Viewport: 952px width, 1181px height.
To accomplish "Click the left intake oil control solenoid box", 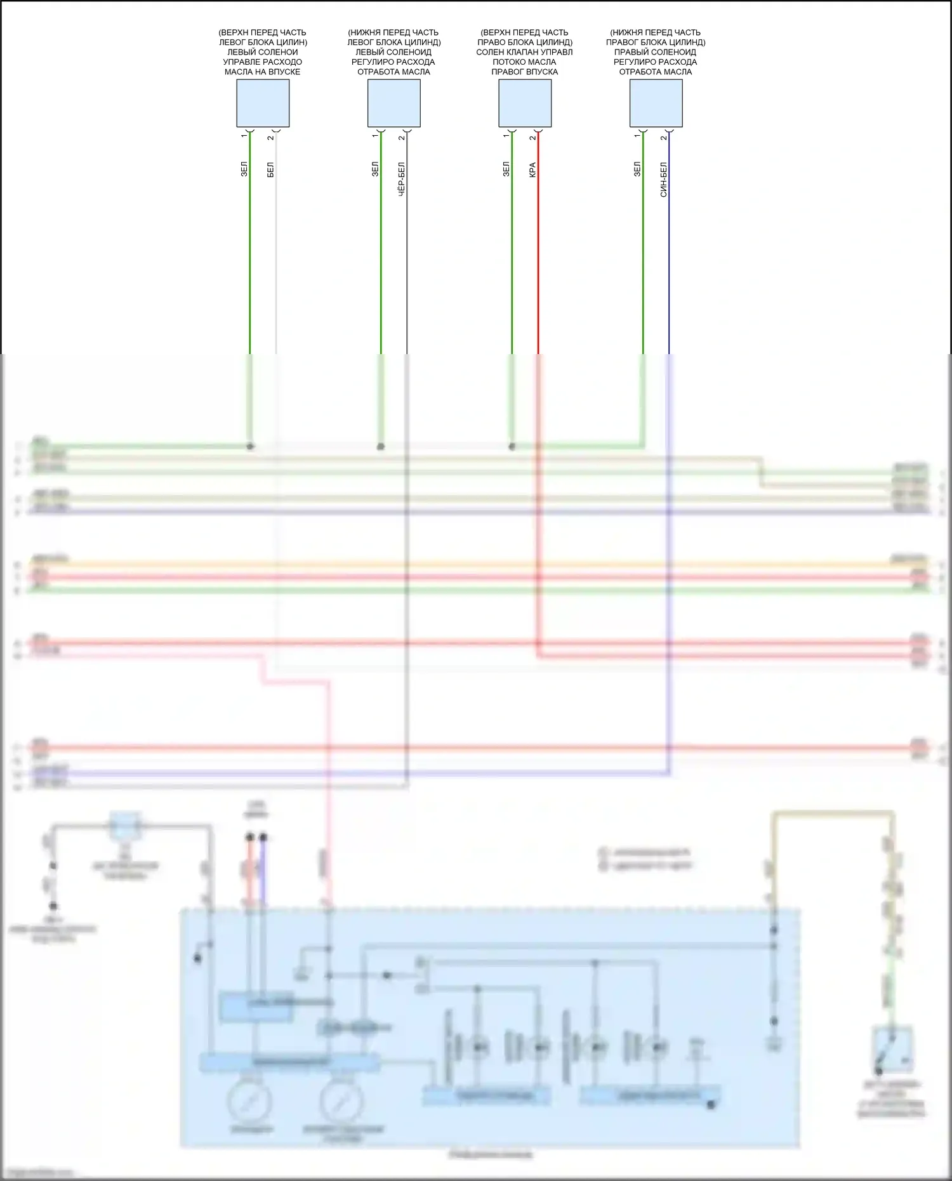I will tap(263, 103).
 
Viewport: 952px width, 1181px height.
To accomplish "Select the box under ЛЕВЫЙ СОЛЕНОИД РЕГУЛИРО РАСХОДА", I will tap(393, 103).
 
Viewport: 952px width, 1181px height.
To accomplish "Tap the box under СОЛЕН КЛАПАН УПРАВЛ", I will tap(525, 103).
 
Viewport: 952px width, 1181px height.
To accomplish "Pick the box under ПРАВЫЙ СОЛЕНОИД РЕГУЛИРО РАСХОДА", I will tap(656, 103).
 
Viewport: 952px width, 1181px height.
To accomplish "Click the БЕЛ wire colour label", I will tap(271, 169).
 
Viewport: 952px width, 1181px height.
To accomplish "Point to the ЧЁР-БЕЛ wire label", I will tap(402, 179).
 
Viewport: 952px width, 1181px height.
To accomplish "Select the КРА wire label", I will tap(533, 169).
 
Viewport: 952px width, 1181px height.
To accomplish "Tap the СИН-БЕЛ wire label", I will tap(664, 180).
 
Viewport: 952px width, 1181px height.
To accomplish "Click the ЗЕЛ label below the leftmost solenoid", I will tap(244, 169).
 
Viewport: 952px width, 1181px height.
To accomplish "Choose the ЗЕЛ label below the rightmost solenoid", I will tap(637, 169).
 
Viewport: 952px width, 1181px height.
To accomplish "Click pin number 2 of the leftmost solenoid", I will tap(271, 137).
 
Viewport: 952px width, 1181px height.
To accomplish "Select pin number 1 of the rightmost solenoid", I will tap(637, 136).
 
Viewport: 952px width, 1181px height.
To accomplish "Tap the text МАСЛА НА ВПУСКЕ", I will tap(262, 72).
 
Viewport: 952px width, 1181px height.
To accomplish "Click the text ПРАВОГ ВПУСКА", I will tap(524, 72).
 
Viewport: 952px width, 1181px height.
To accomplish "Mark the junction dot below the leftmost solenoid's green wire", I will tap(250, 447).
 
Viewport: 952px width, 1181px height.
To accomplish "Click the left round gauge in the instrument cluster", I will tap(249, 1102).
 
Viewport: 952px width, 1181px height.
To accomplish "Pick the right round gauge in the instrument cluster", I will tap(341, 1102).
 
